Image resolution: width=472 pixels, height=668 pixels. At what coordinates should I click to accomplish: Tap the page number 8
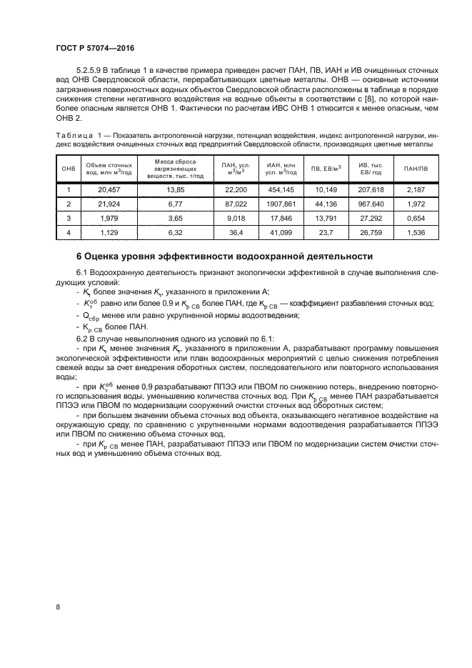pos(57,607)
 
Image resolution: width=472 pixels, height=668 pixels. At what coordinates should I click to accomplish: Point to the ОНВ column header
pos(68,169)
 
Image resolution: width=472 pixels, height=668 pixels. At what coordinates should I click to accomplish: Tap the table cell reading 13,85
pos(175,190)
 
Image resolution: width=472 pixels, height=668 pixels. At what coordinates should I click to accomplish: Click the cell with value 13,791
pos(325,217)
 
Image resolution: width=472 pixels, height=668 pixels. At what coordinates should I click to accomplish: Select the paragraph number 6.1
pos(82,273)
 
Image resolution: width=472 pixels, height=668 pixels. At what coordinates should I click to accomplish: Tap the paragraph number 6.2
pos(82,338)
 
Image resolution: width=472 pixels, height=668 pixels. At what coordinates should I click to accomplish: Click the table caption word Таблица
pos(74,136)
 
